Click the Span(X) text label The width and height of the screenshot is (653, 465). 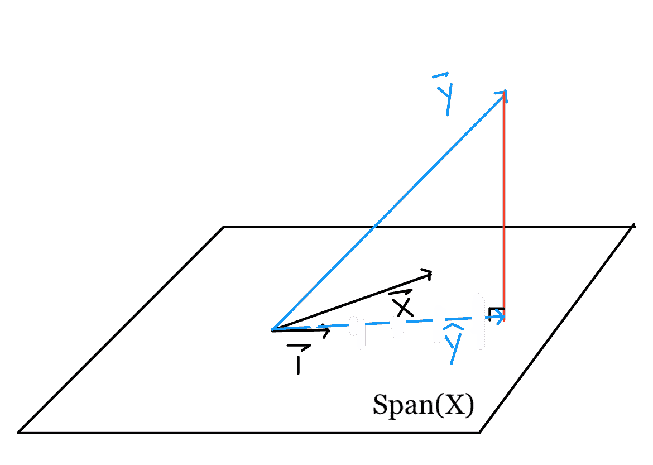point(423,405)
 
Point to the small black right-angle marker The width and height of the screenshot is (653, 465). point(496,313)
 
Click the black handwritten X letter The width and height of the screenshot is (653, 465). point(403,307)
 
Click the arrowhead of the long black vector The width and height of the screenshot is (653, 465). point(426,274)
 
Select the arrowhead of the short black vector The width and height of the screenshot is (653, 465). point(326,331)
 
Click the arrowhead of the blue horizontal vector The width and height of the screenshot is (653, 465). point(500,318)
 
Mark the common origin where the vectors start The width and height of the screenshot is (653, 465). point(272,330)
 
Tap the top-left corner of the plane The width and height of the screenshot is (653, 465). point(224,227)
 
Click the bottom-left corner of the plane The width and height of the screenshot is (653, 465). point(18,433)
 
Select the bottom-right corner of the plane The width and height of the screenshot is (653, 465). point(480,433)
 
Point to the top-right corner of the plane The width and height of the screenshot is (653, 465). point(633,227)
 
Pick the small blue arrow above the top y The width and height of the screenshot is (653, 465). point(440,75)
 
